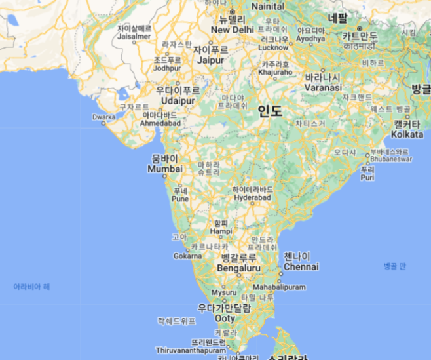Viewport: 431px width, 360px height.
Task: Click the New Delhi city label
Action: [x=232, y=30]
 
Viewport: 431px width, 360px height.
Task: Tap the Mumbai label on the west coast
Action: [x=165, y=169]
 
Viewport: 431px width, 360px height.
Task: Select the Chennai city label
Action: [x=301, y=267]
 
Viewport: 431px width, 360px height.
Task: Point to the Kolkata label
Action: [x=407, y=134]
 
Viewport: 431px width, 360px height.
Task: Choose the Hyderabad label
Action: [x=252, y=197]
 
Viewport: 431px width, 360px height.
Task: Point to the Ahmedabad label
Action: [x=161, y=123]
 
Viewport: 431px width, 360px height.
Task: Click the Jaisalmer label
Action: [x=134, y=37]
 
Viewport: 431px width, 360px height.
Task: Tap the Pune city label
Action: [x=180, y=198]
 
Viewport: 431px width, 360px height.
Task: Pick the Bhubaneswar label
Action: [x=391, y=159]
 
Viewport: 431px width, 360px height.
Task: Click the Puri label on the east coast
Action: [x=367, y=177]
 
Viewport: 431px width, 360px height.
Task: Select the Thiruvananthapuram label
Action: [x=191, y=350]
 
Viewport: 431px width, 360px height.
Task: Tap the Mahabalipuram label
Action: [x=279, y=287]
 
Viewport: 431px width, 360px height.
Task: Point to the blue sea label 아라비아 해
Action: [x=31, y=287]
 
